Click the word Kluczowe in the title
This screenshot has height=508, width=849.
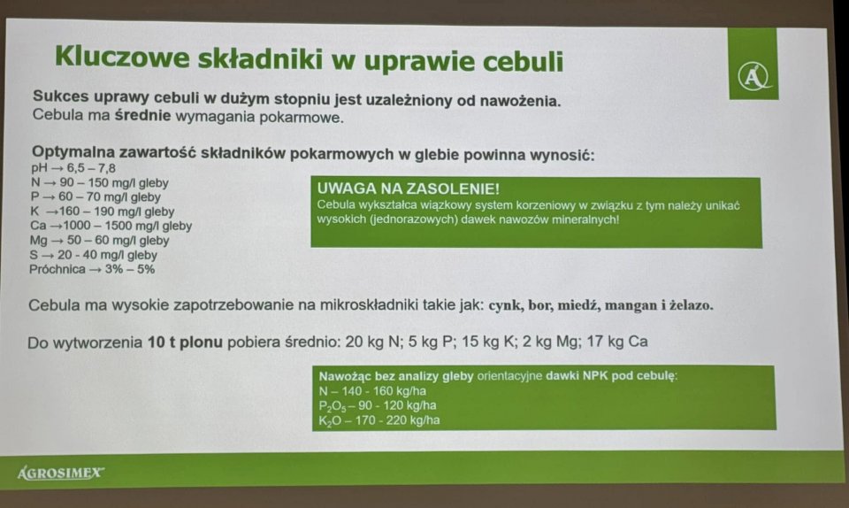[x=122, y=57]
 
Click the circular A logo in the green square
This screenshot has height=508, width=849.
[x=753, y=76]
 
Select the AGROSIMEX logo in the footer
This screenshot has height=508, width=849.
[x=61, y=473]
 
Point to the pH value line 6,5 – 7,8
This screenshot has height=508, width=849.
[x=73, y=168]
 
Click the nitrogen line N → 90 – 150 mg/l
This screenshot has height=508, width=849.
[x=100, y=182]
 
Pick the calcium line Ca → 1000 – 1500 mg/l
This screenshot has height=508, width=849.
[x=111, y=226]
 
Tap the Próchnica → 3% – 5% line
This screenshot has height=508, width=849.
[x=92, y=269]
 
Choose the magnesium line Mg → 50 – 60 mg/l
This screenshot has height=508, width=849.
[x=100, y=240]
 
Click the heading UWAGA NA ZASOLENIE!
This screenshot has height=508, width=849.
[x=409, y=189]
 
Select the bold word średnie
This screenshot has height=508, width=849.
[x=142, y=115]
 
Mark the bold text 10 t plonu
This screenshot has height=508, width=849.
[x=185, y=343]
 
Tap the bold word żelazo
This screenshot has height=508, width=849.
[x=691, y=305]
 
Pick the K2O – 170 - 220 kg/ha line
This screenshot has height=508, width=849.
[x=379, y=420]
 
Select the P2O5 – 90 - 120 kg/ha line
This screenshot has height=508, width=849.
[x=378, y=405]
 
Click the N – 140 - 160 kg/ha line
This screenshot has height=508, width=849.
[x=372, y=391]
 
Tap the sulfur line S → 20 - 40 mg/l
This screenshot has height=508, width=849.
[x=94, y=255]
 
